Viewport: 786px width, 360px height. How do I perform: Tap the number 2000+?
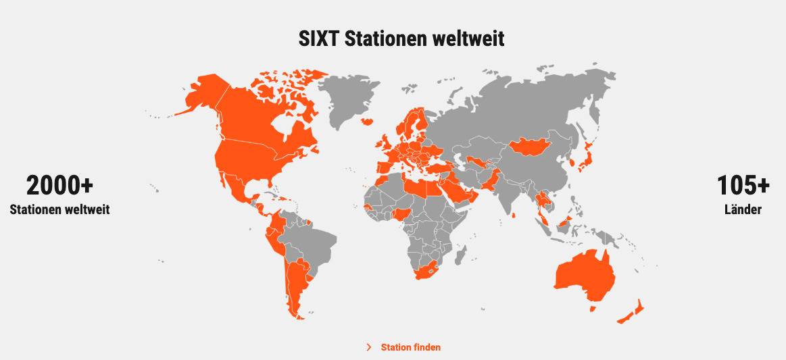point(59,185)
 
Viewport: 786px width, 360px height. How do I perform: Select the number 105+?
point(743,185)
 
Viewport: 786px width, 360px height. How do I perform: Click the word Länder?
point(743,209)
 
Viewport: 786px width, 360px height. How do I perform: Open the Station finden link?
point(410,347)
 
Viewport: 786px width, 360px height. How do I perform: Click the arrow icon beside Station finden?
point(369,347)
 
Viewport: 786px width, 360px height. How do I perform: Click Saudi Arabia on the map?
point(457,193)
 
